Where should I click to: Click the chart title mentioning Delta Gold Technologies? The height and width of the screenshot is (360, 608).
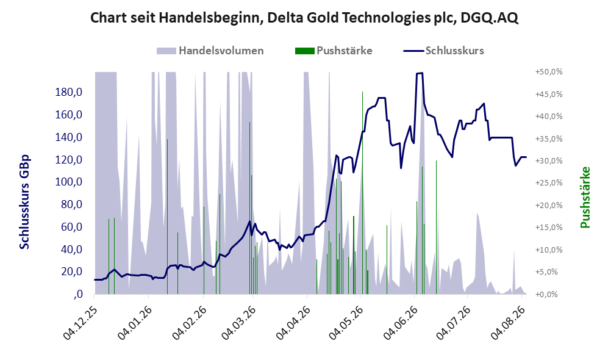tap(304, 18)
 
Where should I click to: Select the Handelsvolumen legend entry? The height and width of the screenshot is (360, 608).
tap(210, 51)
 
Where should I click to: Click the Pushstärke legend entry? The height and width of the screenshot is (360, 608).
tap(334, 51)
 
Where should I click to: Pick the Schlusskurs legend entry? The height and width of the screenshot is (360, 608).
tap(443, 51)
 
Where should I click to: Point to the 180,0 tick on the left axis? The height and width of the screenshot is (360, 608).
tap(69, 92)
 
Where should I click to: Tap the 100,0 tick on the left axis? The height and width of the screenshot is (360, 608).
tap(69, 182)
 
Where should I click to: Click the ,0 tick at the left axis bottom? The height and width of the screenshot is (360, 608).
tap(77, 294)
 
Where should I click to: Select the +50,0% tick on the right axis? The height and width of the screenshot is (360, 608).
tap(549, 72)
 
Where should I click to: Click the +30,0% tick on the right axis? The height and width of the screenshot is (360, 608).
tap(549, 161)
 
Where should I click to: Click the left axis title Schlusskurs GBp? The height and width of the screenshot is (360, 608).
tap(24, 202)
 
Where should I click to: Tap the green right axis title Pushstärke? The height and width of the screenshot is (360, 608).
tap(585, 198)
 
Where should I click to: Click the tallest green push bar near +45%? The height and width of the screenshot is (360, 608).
tap(363, 193)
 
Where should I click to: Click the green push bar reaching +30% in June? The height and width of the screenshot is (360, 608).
tap(436, 228)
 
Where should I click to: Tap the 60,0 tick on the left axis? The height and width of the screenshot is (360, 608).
tap(71, 227)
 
